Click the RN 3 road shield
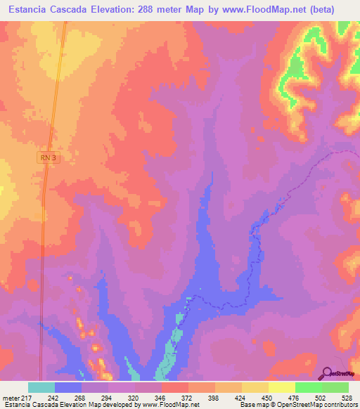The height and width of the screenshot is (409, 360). (x=47, y=159)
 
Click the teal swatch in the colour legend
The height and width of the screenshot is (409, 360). (x=41, y=387)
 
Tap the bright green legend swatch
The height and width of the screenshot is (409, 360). (x=308, y=387)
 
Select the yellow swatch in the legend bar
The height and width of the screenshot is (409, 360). (x=255, y=387)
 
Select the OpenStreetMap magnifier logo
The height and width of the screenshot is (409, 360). (x=328, y=373)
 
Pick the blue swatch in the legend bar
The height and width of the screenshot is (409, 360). (x=68, y=387)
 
